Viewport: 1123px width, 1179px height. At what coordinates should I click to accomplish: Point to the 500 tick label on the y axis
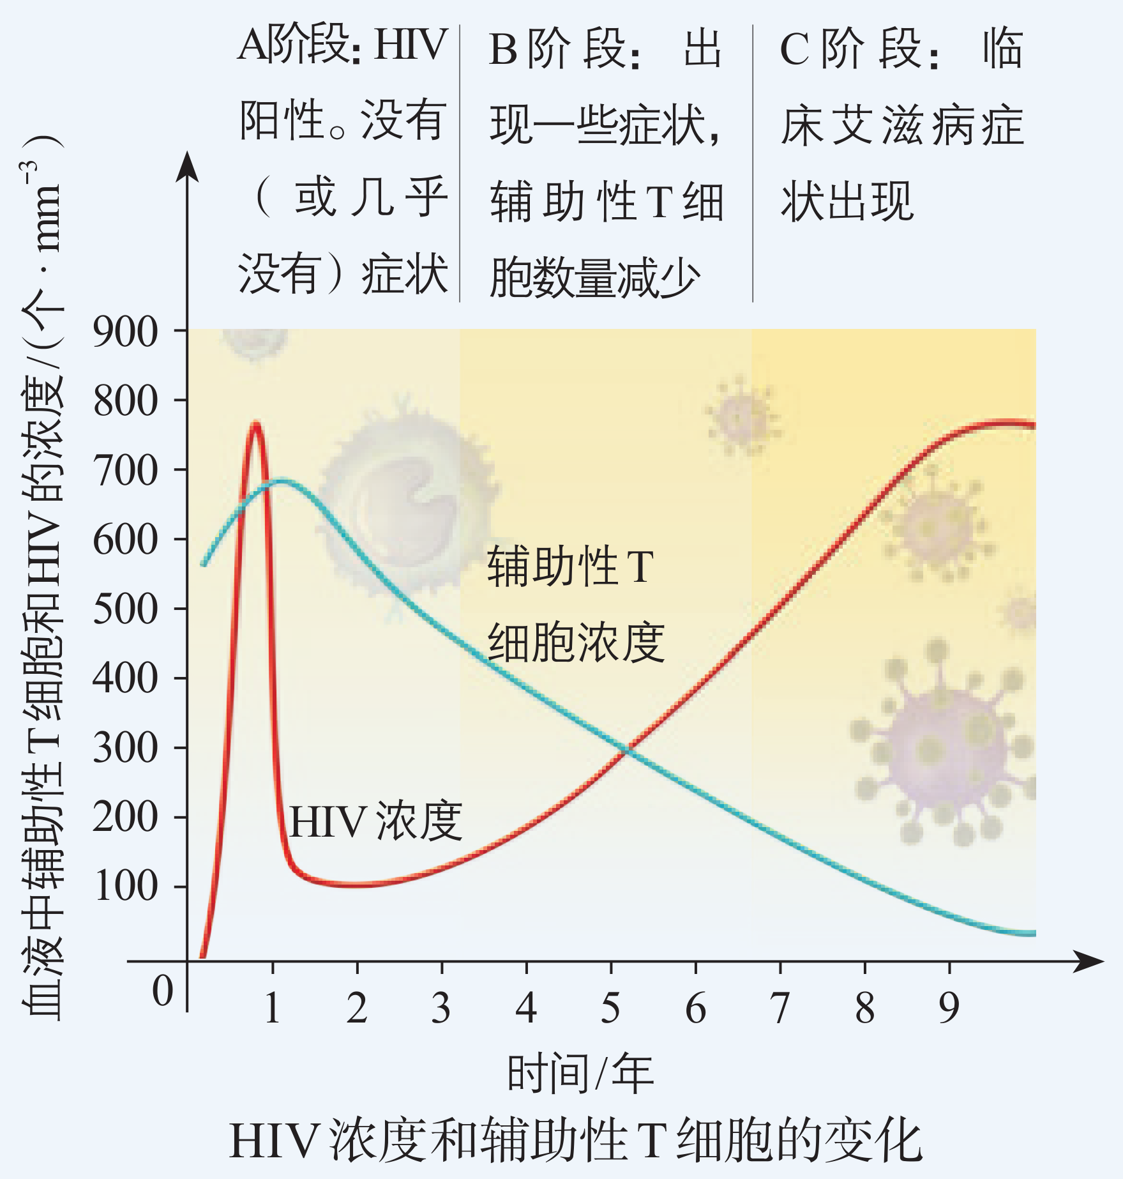point(125,609)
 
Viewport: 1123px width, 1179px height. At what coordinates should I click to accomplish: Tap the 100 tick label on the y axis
point(125,886)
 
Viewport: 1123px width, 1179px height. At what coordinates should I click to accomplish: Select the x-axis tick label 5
point(610,1008)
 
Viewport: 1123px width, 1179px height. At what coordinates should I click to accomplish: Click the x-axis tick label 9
point(949,1008)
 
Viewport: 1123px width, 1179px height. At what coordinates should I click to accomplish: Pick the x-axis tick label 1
point(273,1008)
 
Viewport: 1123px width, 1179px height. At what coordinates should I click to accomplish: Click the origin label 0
point(163,992)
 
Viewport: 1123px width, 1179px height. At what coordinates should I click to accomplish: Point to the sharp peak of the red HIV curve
point(255,423)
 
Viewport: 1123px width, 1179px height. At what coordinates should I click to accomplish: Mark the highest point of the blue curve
point(282,480)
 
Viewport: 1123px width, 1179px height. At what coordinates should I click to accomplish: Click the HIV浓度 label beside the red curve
point(375,821)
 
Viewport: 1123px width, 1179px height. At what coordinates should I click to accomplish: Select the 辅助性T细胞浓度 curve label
point(575,604)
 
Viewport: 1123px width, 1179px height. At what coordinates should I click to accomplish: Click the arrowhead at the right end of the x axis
point(1089,961)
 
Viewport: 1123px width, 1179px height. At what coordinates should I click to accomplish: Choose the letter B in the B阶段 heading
point(503,50)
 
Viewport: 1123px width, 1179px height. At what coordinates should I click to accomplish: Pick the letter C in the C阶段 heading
point(795,50)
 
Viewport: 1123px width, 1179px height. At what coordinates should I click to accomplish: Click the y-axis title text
point(43,575)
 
